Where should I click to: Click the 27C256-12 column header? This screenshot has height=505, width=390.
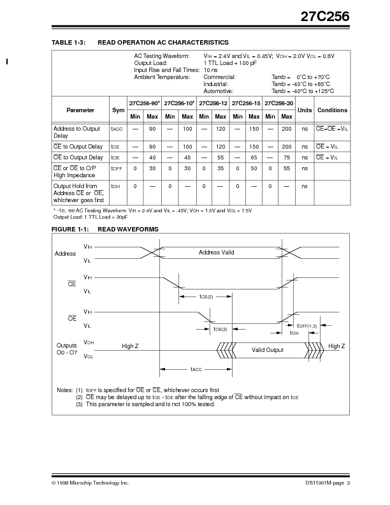coord(212,103)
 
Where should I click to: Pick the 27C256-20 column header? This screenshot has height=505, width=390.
coord(278,103)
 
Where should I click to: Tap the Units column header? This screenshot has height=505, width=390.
coord(305,110)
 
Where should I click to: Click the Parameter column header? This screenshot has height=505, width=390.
coord(80,110)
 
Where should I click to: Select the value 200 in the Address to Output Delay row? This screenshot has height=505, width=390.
coord(286,129)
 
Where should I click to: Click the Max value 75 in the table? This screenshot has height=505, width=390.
coord(286,157)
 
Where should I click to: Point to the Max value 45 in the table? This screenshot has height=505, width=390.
coord(187,157)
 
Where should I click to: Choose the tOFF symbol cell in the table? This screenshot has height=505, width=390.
coord(117,168)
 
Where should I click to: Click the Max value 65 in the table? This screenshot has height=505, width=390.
coord(253,157)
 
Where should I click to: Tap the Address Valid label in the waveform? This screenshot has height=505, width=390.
coord(216,252)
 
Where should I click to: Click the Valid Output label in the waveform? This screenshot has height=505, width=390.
coord(267,349)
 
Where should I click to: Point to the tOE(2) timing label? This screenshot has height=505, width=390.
coord(220,329)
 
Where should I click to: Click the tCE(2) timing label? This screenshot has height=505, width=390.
coord(205,296)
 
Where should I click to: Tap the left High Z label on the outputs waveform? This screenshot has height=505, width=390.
coord(131,346)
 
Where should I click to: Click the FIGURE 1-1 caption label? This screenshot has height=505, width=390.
coord(65,228)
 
